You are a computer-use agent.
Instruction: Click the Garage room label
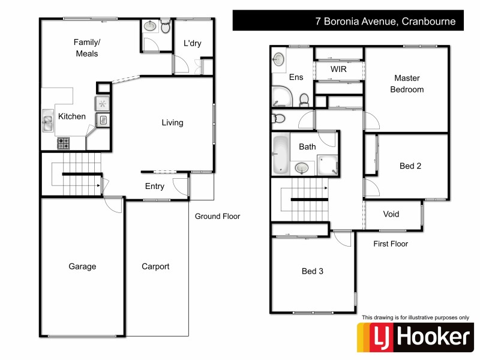click(82, 266)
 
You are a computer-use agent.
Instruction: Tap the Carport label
click(155, 266)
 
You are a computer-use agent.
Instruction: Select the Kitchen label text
click(71, 116)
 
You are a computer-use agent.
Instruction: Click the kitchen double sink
click(47, 122)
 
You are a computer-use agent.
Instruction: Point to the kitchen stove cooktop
click(63, 143)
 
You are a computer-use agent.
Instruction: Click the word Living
click(172, 122)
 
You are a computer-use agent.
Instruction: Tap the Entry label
click(155, 186)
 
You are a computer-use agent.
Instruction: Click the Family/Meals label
click(86, 47)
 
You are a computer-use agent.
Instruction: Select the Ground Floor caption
click(217, 216)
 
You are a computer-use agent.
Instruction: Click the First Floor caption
click(391, 244)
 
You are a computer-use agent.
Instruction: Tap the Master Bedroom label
click(407, 83)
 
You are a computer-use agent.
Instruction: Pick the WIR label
click(339, 69)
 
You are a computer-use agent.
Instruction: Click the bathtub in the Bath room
click(280, 154)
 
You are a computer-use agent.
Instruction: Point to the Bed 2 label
click(410, 166)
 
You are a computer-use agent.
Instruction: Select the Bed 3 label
click(312, 271)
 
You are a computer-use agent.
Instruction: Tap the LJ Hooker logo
click(415, 337)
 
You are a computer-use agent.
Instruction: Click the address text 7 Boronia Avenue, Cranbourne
click(386, 22)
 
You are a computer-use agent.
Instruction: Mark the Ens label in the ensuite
click(296, 77)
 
